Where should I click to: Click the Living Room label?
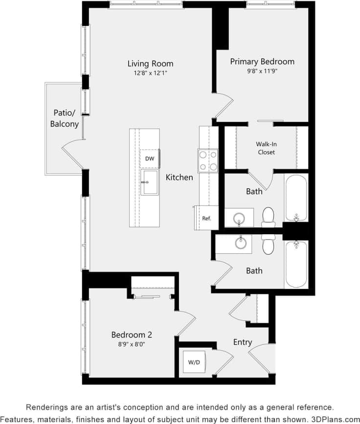pyautogui.click(x=150, y=64)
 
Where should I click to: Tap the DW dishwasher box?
pyautogui.click(x=150, y=158)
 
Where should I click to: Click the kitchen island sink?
pyautogui.click(x=150, y=182)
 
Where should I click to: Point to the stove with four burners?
pyautogui.click(x=208, y=160)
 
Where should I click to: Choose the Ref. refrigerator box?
pyautogui.click(x=207, y=218)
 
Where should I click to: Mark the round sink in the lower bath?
pyautogui.click(x=240, y=243)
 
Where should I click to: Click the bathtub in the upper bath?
pyautogui.click(x=296, y=199)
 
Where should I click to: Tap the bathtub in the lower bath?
pyautogui.click(x=296, y=264)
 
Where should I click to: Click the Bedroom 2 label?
pyautogui.click(x=132, y=335)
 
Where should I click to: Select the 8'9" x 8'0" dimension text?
pyautogui.click(x=132, y=344)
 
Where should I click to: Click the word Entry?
pyautogui.click(x=243, y=342)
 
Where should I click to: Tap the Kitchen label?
pyautogui.click(x=179, y=177)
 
